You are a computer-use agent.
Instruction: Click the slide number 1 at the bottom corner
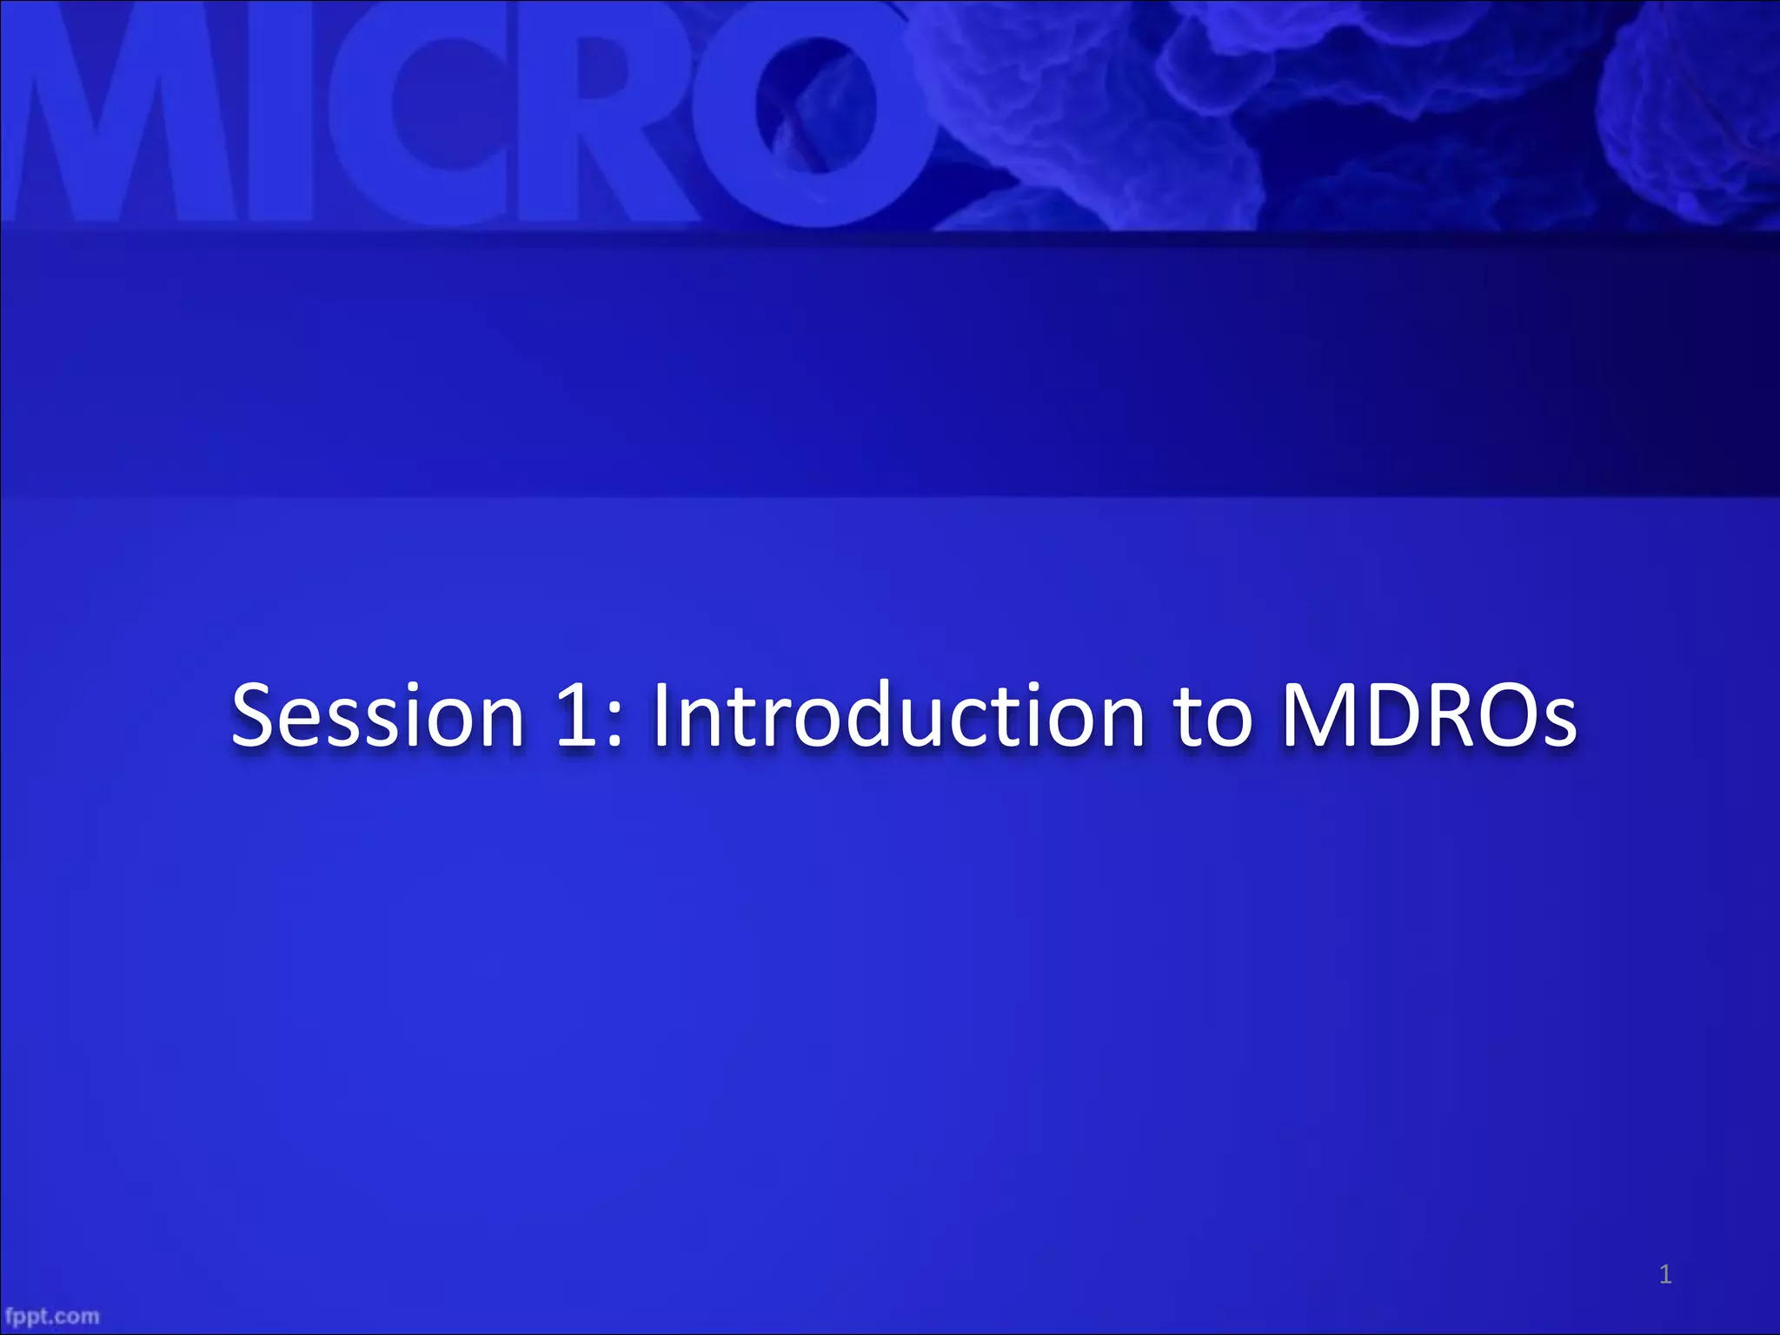[1664, 1275]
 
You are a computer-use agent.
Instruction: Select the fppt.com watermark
[52, 1316]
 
